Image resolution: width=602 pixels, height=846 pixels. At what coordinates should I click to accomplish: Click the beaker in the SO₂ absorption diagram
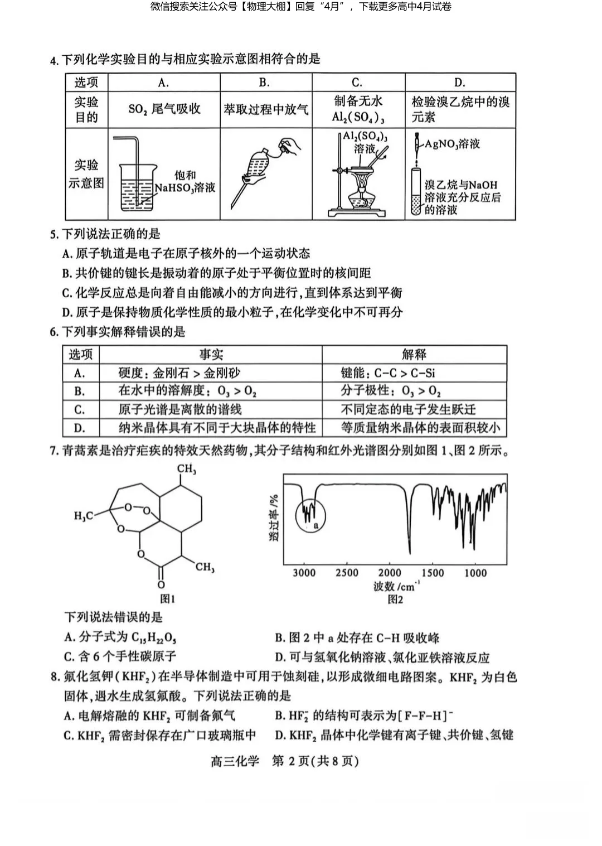point(137,187)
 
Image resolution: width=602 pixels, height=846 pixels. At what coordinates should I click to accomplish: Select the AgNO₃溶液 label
point(452,144)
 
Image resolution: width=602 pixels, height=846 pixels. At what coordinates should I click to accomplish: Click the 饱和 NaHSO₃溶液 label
point(185,182)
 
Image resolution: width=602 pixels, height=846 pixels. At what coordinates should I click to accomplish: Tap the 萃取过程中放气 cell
point(266,109)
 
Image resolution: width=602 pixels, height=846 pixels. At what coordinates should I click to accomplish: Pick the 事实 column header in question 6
point(211,355)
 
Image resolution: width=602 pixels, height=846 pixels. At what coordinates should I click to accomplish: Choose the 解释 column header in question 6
point(414,355)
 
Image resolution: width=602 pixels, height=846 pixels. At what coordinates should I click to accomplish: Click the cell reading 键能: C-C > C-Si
point(388,373)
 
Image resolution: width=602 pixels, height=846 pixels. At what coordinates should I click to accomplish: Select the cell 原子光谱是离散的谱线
point(180,410)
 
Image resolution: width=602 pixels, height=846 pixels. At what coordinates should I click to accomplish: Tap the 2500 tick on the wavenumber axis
point(347,573)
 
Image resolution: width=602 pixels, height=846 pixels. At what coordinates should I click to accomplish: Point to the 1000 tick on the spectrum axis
point(475,573)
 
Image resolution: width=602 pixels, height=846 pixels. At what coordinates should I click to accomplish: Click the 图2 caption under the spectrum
point(395,599)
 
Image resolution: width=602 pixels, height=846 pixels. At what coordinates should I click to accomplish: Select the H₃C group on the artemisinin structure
point(84,516)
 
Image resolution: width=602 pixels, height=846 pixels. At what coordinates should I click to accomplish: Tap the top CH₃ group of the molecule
point(187,470)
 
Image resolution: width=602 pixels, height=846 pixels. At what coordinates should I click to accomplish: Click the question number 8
point(55,677)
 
